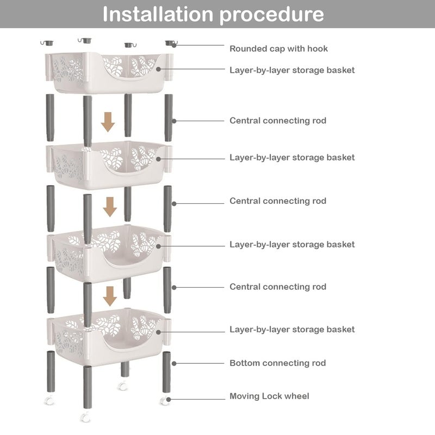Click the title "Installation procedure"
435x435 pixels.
pyautogui.click(x=213, y=15)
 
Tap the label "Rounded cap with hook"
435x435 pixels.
pyautogui.click(x=278, y=49)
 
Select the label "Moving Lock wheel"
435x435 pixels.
pyautogui.click(x=269, y=396)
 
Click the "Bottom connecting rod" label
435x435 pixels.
pyautogui.click(x=278, y=363)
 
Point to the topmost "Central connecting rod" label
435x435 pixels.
pyautogui.click(x=278, y=121)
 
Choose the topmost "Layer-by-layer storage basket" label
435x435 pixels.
pyautogui.click(x=292, y=70)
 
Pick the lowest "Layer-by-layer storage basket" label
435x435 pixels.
pyautogui.click(x=292, y=330)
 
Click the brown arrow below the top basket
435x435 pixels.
pyautogui.click(x=108, y=122)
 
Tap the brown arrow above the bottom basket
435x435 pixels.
pyautogui.click(x=110, y=296)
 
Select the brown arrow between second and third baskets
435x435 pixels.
pyautogui.click(x=110, y=207)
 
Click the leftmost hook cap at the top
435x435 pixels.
pyautogui.click(x=47, y=43)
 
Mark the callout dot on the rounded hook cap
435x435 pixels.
pyautogui.click(x=174, y=45)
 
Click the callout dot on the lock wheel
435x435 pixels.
pyautogui.click(x=169, y=400)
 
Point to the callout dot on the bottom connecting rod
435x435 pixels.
pyautogui.click(x=174, y=363)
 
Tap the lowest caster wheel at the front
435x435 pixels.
pyautogui.click(x=85, y=417)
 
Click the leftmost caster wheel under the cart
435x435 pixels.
pyautogui.click(x=49, y=400)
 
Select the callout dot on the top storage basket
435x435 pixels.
pyautogui.click(x=158, y=69)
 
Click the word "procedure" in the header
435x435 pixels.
pyautogui.click(x=272, y=15)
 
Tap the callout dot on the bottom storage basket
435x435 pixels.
pyautogui.click(x=158, y=332)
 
